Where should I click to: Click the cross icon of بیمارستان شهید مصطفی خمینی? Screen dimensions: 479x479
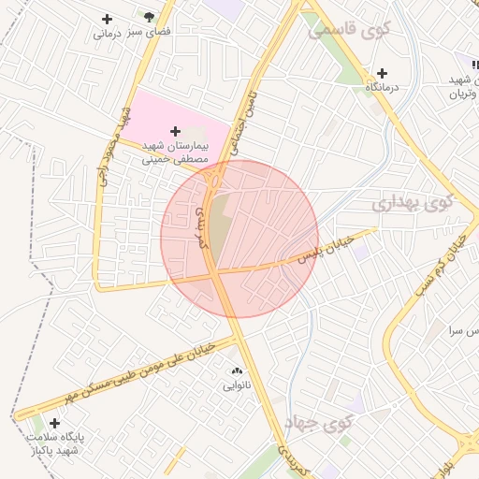coord(176,131)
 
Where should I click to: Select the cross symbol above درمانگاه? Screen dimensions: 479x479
coord(382,73)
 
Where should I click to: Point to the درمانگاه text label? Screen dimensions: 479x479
coord(382,86)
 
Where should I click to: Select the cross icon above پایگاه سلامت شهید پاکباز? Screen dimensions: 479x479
coord(55,423)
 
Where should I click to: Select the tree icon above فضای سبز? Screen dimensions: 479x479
coord(149,17)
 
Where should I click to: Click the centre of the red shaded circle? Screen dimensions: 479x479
coord(239,239)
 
